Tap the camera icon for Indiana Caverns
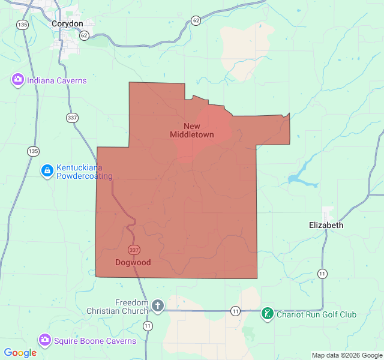[17, 80]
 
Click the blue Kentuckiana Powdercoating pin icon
[47, 172]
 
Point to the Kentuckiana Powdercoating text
[84, 172]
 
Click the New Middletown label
[192, 130]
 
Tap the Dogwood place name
[133, 262]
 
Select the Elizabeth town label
[326, 225]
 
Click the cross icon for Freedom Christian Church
[157, 306]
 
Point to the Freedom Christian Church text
[117, 306]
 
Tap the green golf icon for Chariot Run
[267, 314]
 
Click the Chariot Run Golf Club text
[316, 314]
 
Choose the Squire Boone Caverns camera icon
[44, 340]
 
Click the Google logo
[20, 353]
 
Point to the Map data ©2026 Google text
[346, 355]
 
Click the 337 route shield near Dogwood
[133, 249]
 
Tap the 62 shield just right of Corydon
[84, 35]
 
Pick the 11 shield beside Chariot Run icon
[236, 311]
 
